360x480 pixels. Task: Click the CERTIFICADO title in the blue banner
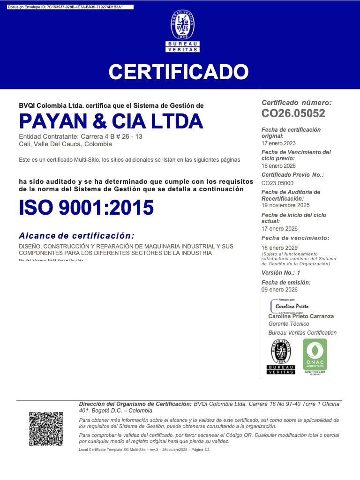point(179,72)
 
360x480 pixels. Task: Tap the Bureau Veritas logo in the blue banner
point(182,30)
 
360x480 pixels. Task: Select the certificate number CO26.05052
point(293,113)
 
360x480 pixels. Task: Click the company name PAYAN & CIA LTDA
point(111,121)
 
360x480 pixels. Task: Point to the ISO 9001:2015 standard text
point(86,208)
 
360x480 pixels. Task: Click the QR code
point(46,429)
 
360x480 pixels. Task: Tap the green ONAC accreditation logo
point(315,356)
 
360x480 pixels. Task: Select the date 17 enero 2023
point(278,143)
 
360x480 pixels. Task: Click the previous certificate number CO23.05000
point(277,183)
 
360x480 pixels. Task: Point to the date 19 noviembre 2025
point(285,205)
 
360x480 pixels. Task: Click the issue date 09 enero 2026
point(279,290)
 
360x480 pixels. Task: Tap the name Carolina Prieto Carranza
point(301,316)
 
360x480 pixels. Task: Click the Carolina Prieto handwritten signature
point(292,306)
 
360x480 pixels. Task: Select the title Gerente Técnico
point(289,324)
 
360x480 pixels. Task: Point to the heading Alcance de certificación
point(76,235)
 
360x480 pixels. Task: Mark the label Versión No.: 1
point(281,273)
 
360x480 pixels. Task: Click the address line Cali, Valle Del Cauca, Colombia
point(65,144)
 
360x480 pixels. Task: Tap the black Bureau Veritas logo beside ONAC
point(281,357)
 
